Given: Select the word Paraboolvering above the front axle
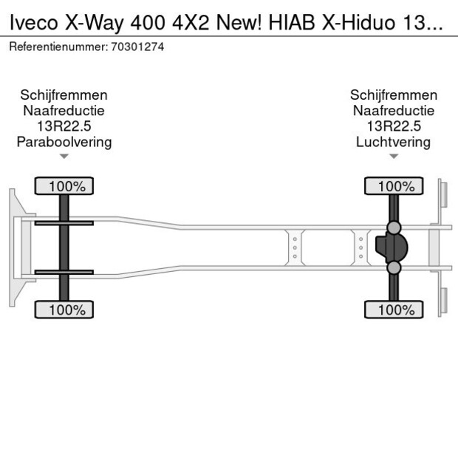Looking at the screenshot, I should [x=64, y=142].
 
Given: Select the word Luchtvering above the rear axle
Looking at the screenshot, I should [x=393, y=142].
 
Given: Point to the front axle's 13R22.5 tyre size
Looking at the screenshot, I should [x=64, y=126].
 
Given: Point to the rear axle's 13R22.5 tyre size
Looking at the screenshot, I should [x=393, y=126].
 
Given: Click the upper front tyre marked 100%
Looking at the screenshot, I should [x=64, y=186].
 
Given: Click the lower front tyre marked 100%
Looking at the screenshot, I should [x=64, y=310].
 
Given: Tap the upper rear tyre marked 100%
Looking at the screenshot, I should [x=393, y=186].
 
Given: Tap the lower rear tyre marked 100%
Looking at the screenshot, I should [x=393, y=310].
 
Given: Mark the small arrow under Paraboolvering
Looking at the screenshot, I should [x=64, y=157].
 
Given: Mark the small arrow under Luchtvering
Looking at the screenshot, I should [x=393, y=157].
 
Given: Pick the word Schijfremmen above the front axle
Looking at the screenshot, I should [x=64, y=95].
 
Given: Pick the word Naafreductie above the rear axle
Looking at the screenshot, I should [x=393, y=111].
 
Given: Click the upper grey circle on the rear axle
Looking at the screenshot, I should [x=394, y=227].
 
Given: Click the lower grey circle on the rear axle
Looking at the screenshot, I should [x=394, y=267].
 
